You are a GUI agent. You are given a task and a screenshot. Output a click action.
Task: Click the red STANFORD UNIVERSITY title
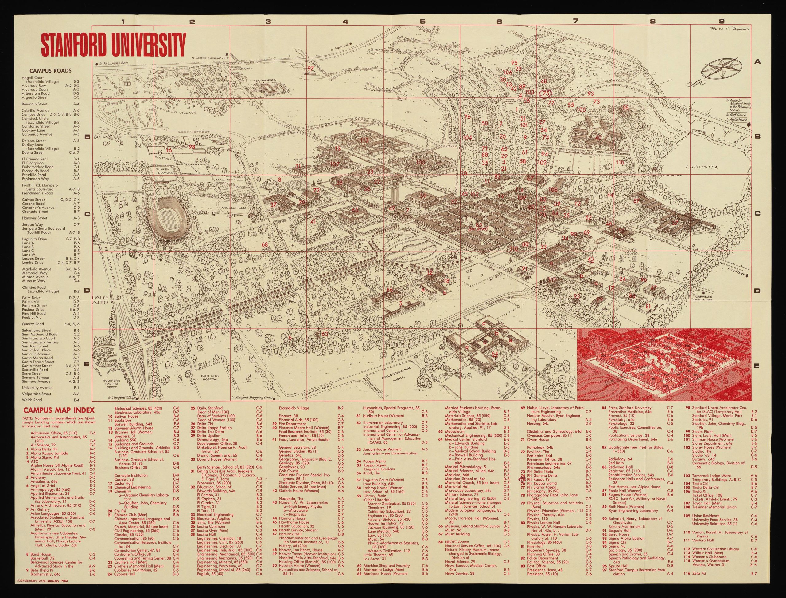coord(113,43)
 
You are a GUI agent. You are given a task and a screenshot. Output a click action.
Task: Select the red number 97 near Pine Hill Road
coord(311,69)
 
